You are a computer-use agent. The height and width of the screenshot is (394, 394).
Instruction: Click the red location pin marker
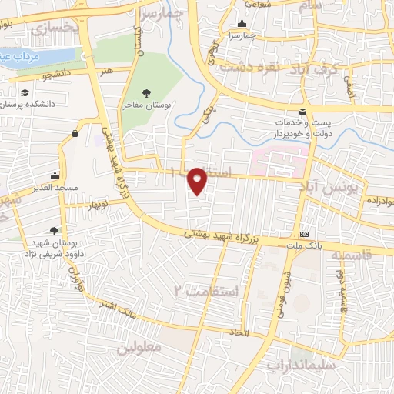point(198,181)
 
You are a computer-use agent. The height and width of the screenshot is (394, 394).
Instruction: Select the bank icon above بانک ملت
point(305,234)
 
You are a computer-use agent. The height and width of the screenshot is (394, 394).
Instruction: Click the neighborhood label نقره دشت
point(247,66)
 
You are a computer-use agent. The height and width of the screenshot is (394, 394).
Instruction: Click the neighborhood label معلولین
point(140,349)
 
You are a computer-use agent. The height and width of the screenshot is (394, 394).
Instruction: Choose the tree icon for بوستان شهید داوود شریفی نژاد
point(53,230)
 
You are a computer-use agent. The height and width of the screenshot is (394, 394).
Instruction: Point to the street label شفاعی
point(259,5)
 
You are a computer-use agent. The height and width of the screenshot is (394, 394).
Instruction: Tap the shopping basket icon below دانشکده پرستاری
point(75,134)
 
